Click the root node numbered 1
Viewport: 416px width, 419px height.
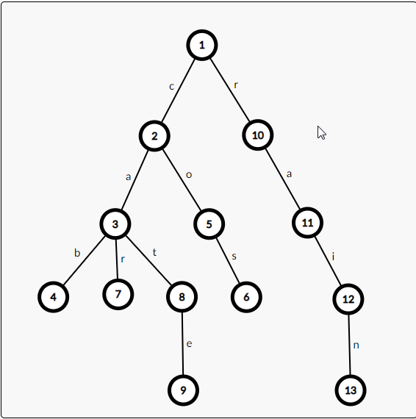tap(202, 45)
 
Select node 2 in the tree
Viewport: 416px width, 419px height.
tap(154, 136)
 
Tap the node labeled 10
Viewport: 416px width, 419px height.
tap(258, 135)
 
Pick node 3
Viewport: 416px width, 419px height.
tap(115, 224)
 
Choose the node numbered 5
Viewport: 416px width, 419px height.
tap(209, 224)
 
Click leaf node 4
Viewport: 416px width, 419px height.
tap(54, 297)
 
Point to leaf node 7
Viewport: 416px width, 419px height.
tap(118, 294)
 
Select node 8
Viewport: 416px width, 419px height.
tap(182, 297)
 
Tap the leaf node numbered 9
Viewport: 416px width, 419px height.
tap(183, 390)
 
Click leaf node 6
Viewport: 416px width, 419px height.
tap(246, 297)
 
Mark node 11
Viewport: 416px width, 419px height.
tap(307, 223)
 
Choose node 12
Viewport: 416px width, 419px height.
tap(348, 299)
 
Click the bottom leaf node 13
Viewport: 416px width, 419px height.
tap(351, 390)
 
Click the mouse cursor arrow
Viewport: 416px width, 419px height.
tap(321, 132)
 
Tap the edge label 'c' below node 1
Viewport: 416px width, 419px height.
tap(172, 87)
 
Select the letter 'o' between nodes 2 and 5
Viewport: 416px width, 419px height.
tap(189, 175)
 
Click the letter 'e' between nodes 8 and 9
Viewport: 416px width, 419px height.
tap(189, 344)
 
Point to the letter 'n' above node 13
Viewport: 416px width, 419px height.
tap(356, 345)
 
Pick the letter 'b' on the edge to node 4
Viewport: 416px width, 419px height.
tap(77, 253)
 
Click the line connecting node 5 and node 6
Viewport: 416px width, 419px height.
tap(228, 260)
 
